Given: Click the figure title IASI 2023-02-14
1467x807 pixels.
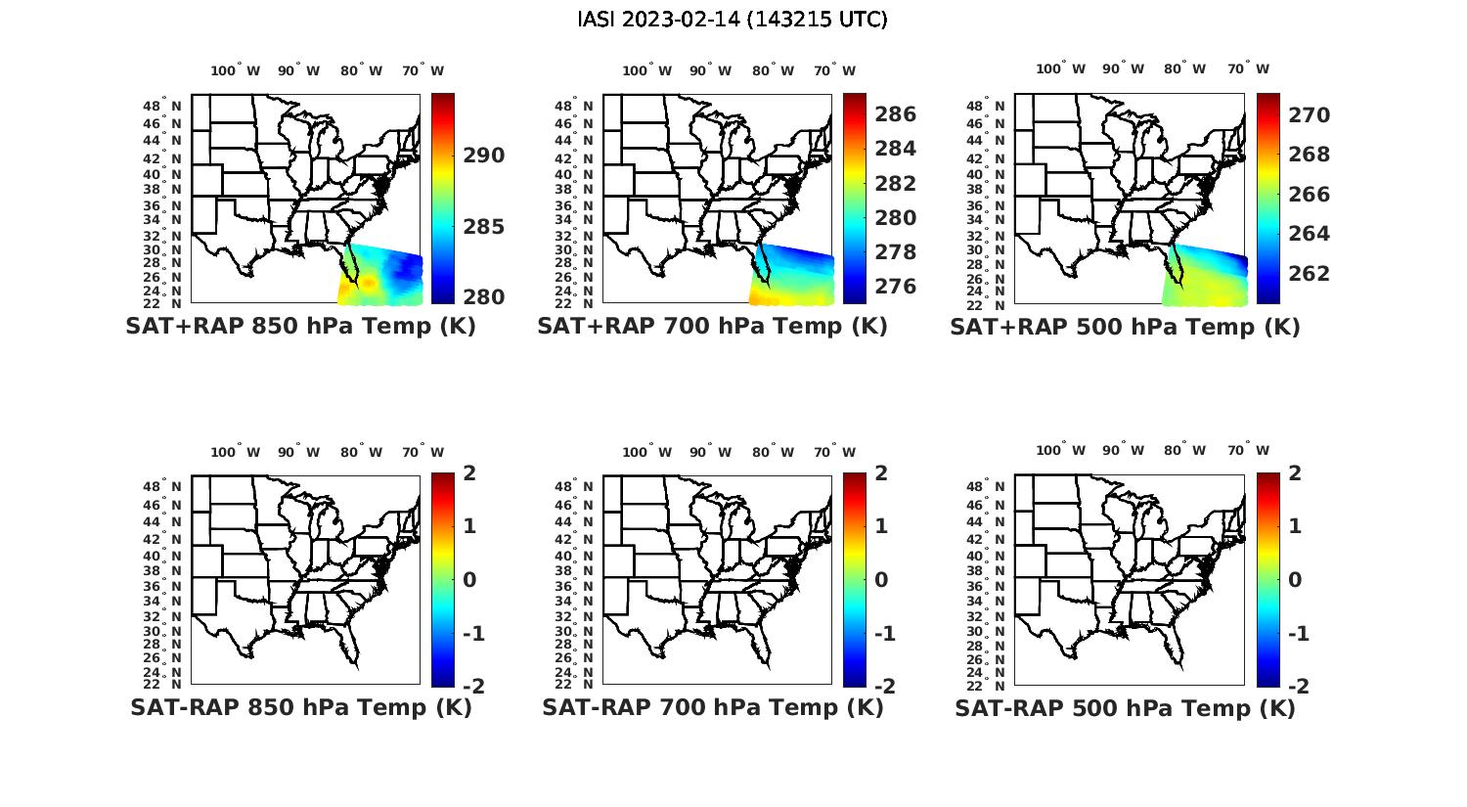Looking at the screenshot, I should click(x=733, y=20).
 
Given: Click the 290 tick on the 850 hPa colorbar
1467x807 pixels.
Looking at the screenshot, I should click(x=483, y=156).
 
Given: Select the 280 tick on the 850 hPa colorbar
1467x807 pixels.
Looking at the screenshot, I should click(x=483, y=297).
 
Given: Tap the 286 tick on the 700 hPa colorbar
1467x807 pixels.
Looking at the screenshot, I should click(x=895, y=114).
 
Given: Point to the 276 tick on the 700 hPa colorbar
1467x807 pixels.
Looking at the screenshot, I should click(x=895, y=287).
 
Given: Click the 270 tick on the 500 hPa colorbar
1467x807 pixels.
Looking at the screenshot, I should click(x=1309, y=115).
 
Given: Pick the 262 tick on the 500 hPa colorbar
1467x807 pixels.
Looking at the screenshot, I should click(x=1309, y=273).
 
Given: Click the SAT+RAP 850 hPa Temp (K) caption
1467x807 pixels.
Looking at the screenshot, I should click(x=300, y=327).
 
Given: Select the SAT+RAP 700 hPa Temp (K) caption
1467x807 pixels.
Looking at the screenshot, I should click(x=712, y=327).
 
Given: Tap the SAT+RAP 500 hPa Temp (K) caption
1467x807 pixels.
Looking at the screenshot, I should click(x=1125, y=328).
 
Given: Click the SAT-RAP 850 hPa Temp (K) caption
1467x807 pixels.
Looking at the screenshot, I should click(x=300, y=707).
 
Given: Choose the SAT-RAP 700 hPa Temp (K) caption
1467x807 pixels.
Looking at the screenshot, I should click(x=712, y=707).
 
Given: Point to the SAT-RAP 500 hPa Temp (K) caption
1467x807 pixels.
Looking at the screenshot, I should click(x=1125, y=708).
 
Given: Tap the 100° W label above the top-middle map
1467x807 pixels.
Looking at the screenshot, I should click(x=646, y=70).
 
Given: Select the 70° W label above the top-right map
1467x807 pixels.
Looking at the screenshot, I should click(x=1249, y=68).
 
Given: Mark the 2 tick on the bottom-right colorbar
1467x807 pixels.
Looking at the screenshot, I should click(x=1296, y=473).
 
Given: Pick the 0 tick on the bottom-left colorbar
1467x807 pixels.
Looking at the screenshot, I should click(x=469, y=580).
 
